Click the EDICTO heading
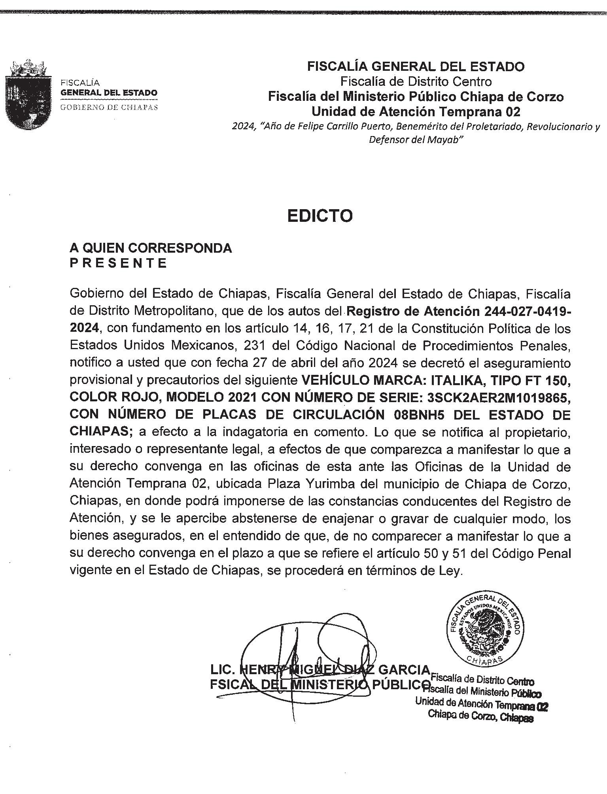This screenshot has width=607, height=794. click(x=320, y=216)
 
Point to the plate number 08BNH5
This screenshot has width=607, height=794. click(x=420, y=414)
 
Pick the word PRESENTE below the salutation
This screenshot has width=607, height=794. click(x=118, y=263)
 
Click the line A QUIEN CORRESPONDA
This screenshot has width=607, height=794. click(x=151, y=248)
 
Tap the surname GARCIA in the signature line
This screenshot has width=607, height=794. click(x=404, y=669)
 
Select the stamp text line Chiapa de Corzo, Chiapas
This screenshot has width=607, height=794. click(x=480, y=717)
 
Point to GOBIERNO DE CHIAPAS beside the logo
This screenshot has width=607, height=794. click(x=109, y=107)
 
